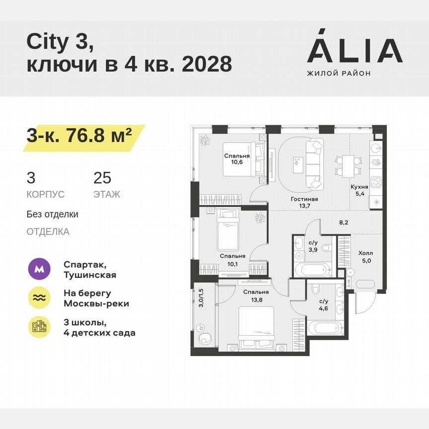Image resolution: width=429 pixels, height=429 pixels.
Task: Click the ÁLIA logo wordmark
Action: tap(355, 51)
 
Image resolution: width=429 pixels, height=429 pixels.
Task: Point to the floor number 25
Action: tap(102, 178)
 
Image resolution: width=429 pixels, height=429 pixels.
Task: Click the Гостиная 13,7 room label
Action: tap(304, 203)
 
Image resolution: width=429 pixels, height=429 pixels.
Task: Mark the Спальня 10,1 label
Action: tap(232, 260)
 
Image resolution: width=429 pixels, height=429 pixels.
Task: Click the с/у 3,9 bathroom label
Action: tap(313, 247)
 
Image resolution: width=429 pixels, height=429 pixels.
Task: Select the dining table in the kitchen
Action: tap(347, 164)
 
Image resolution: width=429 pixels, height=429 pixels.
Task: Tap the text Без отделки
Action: tap(53, 214)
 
